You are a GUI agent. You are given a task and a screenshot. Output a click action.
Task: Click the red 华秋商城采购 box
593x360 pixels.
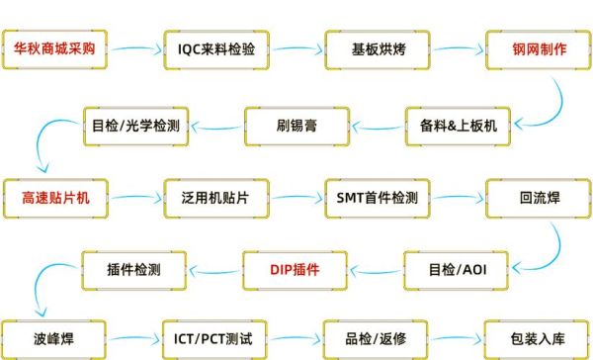click(55, 48)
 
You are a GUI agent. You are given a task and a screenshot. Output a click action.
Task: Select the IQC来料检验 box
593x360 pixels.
click(215, 48)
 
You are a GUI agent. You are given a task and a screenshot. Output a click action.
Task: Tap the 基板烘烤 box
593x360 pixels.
click(378, 48)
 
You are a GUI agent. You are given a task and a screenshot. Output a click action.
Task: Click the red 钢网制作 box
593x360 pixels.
click(539, 48)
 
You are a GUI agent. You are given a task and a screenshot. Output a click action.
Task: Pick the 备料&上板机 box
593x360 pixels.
click(457, 125)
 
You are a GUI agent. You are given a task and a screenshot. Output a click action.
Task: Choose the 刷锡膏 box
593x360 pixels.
click(296, 125)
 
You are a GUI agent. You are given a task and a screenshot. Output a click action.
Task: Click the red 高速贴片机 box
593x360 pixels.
click(55, 197)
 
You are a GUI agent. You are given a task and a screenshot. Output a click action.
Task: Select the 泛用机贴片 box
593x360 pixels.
click(215, 197)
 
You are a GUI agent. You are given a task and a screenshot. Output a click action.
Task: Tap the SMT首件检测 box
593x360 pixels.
click(378, 197)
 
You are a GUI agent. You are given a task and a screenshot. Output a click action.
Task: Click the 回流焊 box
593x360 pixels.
click(539, 197)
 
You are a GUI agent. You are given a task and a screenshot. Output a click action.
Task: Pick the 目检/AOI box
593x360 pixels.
click(457, 268)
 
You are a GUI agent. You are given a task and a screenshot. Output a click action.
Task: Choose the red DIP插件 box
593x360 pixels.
click(296, 268)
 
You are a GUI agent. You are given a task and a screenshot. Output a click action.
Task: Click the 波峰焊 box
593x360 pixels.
click(55, 339)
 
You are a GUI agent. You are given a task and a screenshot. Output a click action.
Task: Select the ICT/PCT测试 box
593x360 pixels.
click(215, 339)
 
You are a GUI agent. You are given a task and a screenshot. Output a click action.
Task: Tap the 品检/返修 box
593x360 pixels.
click(378, 339)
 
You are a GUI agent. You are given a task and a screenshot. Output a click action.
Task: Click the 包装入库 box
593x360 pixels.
click(539, 339)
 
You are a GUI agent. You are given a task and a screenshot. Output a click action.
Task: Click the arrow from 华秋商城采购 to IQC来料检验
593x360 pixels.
click(135, 47)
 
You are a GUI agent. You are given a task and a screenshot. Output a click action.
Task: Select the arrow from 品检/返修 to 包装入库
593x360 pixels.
click(458, 339)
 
